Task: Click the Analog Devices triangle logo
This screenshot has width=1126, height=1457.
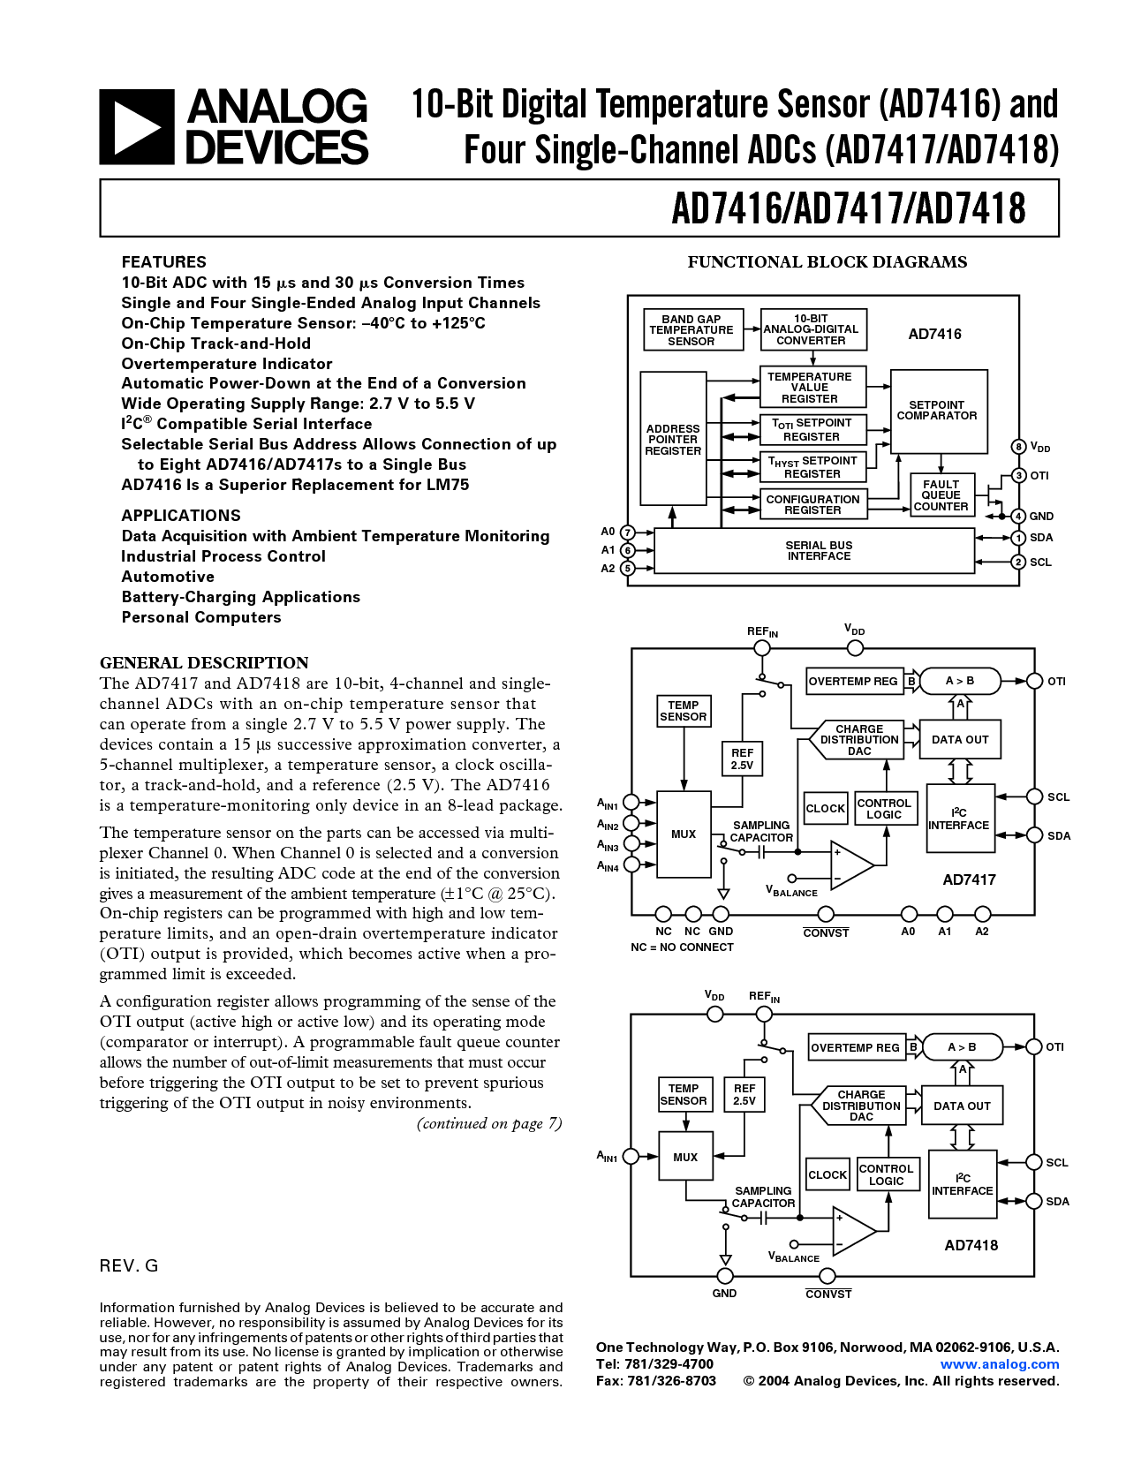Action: click(136, 127)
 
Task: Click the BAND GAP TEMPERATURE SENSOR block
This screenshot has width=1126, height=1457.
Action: click(691, 330)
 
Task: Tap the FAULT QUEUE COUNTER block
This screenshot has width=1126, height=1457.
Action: click(941, 495)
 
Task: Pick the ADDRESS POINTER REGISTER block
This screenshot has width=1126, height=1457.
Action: click(673, 439)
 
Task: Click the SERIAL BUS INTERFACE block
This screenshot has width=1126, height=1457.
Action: click(818, 551)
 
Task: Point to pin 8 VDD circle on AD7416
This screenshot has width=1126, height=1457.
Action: click(1018, 447)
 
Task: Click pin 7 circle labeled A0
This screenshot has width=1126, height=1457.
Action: click(627, 532)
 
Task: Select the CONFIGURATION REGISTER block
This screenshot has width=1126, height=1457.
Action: click(812, 504)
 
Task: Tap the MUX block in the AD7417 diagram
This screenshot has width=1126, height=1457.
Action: click(684, 834)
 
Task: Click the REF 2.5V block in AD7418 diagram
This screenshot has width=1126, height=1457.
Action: click(744, 1095)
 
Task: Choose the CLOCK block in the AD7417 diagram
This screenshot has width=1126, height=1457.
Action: click(826, 808)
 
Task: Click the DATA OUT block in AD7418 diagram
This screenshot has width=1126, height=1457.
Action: click(962, 1106)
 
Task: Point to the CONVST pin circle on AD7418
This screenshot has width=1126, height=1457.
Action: click(827, 1276)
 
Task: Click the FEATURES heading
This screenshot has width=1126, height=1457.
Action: click(163, 262)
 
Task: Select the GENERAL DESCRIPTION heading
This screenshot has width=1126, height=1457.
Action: click(204, 663)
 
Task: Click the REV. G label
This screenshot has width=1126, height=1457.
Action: click(129, 1265)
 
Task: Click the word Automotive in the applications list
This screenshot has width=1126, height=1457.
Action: click(168, 577)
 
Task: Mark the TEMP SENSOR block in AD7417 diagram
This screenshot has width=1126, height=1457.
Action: click(684, 711)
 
